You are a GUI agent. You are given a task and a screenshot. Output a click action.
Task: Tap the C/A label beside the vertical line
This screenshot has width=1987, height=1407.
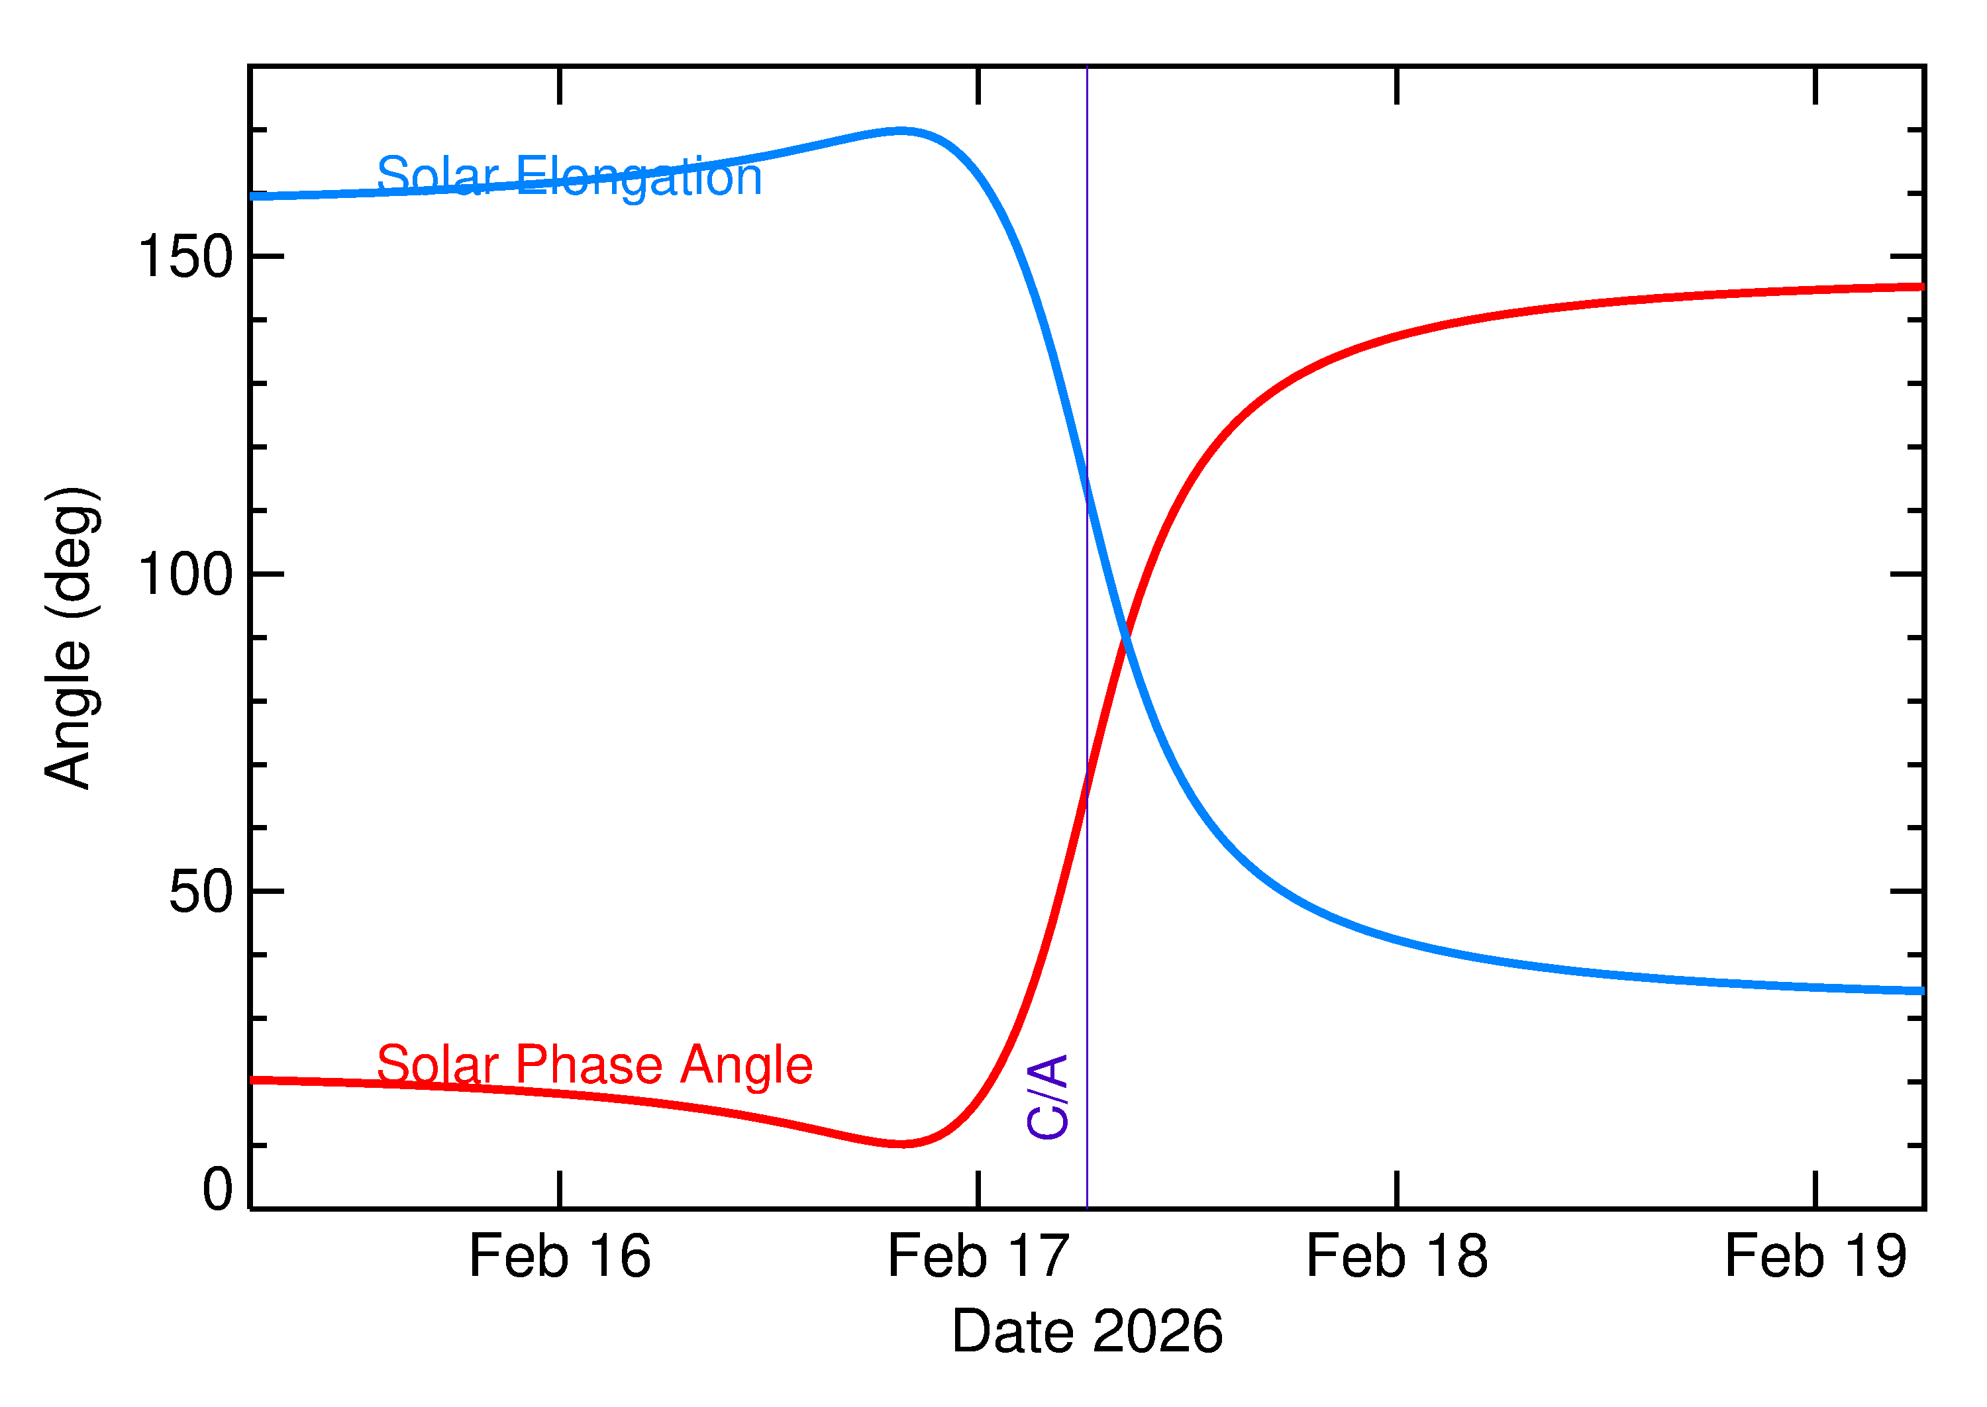click(1046, 1096)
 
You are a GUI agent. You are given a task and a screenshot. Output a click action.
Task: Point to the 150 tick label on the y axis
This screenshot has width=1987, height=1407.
click(185, 258)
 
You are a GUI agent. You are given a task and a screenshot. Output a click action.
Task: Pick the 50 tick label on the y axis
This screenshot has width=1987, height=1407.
click(201, 891)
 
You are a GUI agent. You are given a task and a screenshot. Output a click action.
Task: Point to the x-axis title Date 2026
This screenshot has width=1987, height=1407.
click(1087, 1331)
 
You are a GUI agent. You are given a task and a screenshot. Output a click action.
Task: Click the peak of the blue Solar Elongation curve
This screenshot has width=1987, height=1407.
click(901, 132)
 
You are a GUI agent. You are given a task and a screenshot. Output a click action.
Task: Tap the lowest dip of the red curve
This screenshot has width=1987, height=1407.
click(903, 1143)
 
